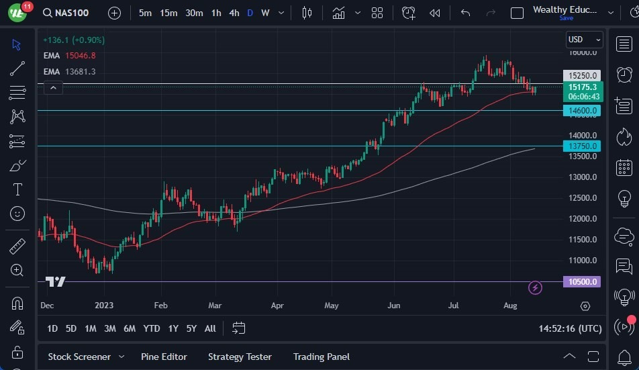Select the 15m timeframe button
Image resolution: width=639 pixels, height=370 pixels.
(x=168, y=13)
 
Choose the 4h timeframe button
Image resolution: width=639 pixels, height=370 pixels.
(x=234, y=13)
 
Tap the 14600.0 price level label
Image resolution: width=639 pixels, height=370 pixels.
(x=582, y=110)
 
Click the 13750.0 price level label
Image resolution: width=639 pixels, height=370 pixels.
(x=582, y=146)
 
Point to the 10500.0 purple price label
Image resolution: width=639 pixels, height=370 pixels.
(x=582, y=282)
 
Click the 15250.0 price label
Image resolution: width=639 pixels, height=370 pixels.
(x=582, y=76)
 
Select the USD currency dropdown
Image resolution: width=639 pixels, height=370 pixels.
(x=584, y=40)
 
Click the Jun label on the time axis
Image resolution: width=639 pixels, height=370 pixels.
(x=394, y=306)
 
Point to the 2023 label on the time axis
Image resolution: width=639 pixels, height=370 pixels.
(x=103, y=306)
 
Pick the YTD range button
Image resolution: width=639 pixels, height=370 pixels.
(x=152, y=328)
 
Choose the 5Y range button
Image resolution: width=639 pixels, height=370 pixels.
(x=191, y=328)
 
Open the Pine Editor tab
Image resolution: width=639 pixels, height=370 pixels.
(x=164, y=357)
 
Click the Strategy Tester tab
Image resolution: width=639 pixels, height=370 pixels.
(x=240, y=357)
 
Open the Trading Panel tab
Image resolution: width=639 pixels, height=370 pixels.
(x=322, y=357)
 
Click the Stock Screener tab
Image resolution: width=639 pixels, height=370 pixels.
(x=79, y=357)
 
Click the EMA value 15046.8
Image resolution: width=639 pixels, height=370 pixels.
(x=80, y=56)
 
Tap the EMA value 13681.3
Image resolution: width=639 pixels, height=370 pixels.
(x=80, y=71)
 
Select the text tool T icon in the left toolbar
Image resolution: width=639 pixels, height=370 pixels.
(x=17, y=189)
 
